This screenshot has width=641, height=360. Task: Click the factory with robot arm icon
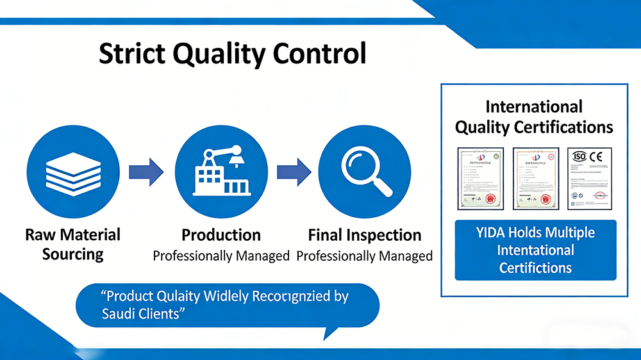point(221,172)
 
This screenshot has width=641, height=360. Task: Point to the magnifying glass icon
point(364,172)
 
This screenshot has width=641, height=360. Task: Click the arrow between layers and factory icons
point(146,172)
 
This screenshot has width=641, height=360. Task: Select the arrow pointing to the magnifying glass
point(294,172)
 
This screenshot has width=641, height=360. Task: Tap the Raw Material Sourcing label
point(72,244)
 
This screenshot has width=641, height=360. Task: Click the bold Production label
point(221,235)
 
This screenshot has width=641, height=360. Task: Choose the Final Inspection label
point(365,235)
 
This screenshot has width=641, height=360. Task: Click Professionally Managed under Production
point(221,256)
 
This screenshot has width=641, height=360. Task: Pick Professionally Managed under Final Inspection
point(365,256)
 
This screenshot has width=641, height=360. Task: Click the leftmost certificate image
point(476,178)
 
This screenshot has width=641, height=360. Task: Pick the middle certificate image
point(533,178)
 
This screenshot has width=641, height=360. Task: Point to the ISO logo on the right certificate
point(579,156)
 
